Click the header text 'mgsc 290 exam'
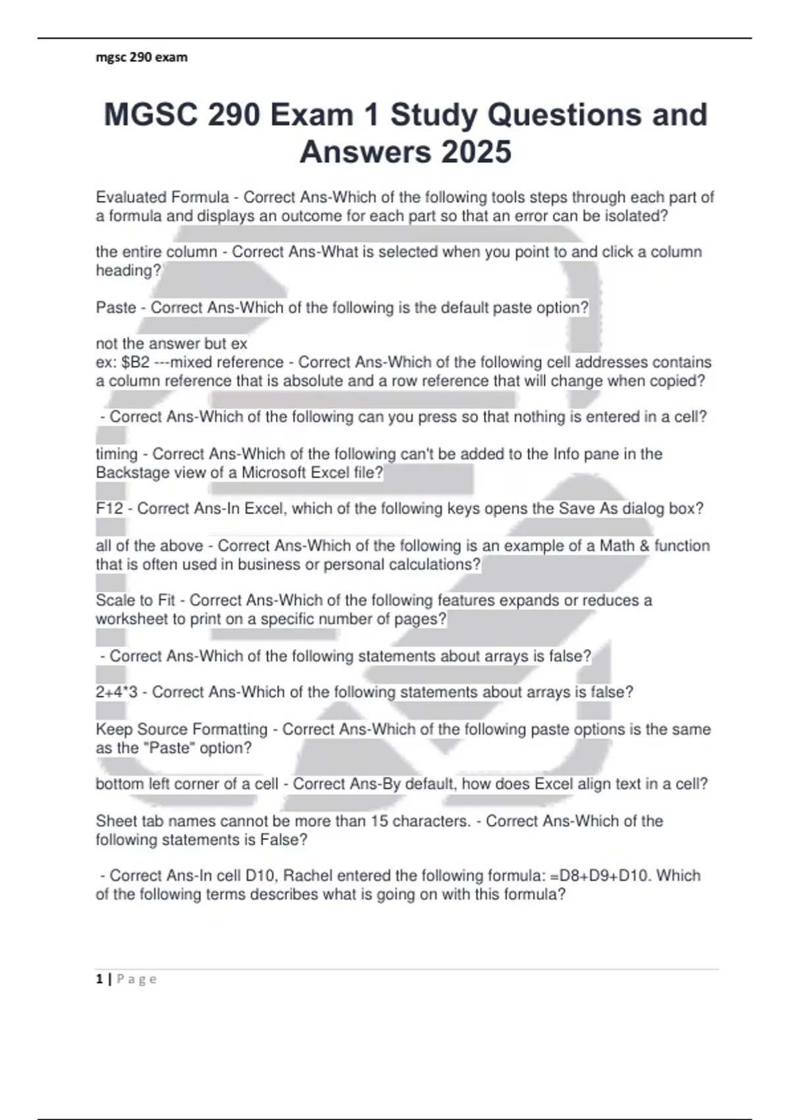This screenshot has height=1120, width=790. pyautogui.click(x=142, y=57)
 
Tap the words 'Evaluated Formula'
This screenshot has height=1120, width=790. pyautogui.click(x=162, y=197)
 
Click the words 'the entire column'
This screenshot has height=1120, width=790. pyautogui.click(x=156, y=252)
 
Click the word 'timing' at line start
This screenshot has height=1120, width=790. pyautogui.click(x=117, y=454)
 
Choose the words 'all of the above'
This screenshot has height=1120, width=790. pyautogui.click(x=149, y=546)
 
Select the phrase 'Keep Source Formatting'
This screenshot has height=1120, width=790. pyautogui.click(x=182, y=729)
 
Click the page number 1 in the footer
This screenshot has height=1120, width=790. pyautogui.click(x=99, y=979)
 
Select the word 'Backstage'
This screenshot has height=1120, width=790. pyautogui.click(x=132, y=472)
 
